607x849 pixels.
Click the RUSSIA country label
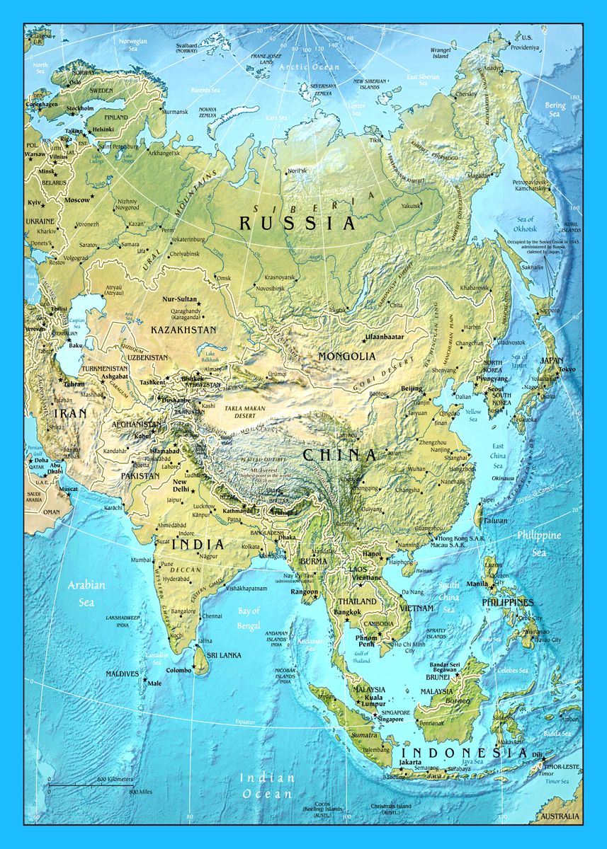tap(296, 224)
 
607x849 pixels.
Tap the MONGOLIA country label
tap(347, 356)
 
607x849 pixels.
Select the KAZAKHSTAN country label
tap(183, 330)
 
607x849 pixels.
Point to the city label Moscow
tap(77, 200)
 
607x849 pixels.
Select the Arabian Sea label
tap(86, 593)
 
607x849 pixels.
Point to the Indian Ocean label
tap(266, 785)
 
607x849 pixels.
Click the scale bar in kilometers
tap(91, 782)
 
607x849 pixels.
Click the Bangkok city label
tap(347, 611)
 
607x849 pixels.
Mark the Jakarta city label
tap(411, 763)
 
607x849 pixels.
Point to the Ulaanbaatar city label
tap(384, 337)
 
